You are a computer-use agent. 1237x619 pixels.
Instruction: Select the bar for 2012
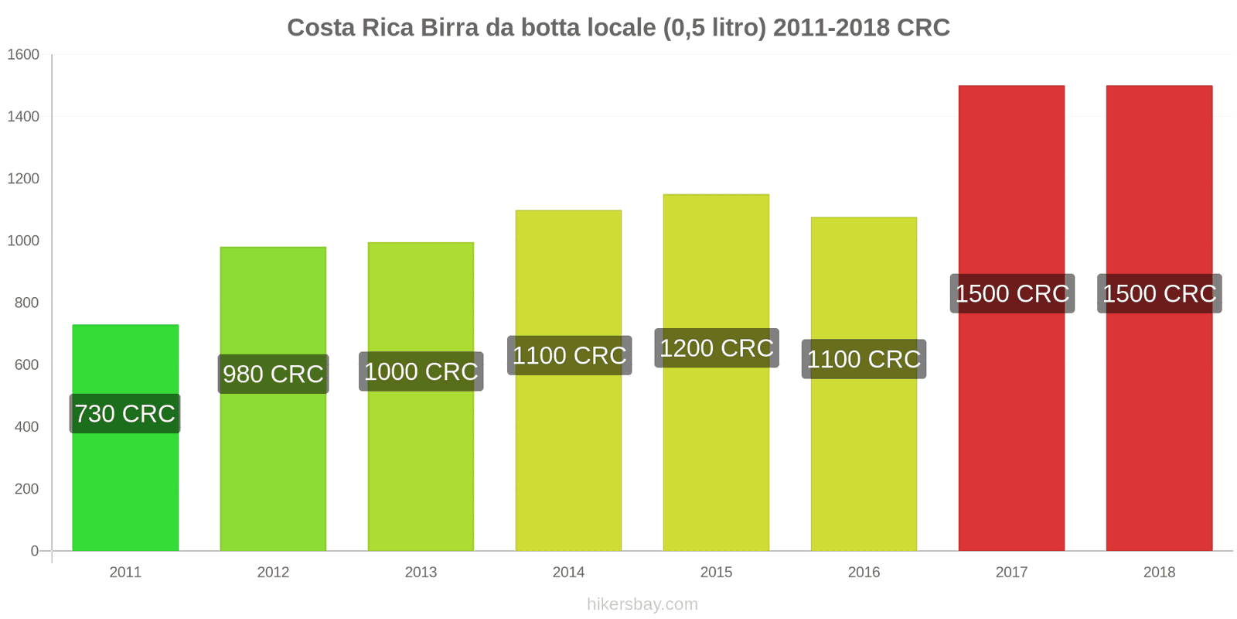click(273, 464)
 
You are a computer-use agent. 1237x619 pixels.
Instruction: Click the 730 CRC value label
click(125, 414)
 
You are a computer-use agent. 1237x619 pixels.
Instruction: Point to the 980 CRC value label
click(273, 374)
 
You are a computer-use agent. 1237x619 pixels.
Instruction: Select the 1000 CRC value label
click(421, 372)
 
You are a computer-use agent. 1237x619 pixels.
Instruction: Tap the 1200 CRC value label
click(717, 348)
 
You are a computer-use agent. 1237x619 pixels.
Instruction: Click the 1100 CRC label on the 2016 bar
click(864, 359)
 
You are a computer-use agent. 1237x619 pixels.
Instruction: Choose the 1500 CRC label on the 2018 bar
click(1159, 294)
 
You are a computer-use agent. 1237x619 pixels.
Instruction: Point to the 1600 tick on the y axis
click(23, 55)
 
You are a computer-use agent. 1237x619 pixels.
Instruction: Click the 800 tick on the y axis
click(26, 303)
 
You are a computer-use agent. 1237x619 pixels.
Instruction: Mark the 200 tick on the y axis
click(26, 489)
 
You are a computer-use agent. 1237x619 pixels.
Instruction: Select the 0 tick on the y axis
click(34, 551)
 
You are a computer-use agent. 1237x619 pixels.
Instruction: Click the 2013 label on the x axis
click(421, 573)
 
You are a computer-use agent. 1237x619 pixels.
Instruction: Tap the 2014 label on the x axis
click(568, 573)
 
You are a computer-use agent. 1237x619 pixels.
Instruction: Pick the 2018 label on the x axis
click(1159, 573)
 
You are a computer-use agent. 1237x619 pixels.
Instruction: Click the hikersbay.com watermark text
click(642, 604)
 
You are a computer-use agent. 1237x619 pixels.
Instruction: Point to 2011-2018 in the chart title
click(831, 28)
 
